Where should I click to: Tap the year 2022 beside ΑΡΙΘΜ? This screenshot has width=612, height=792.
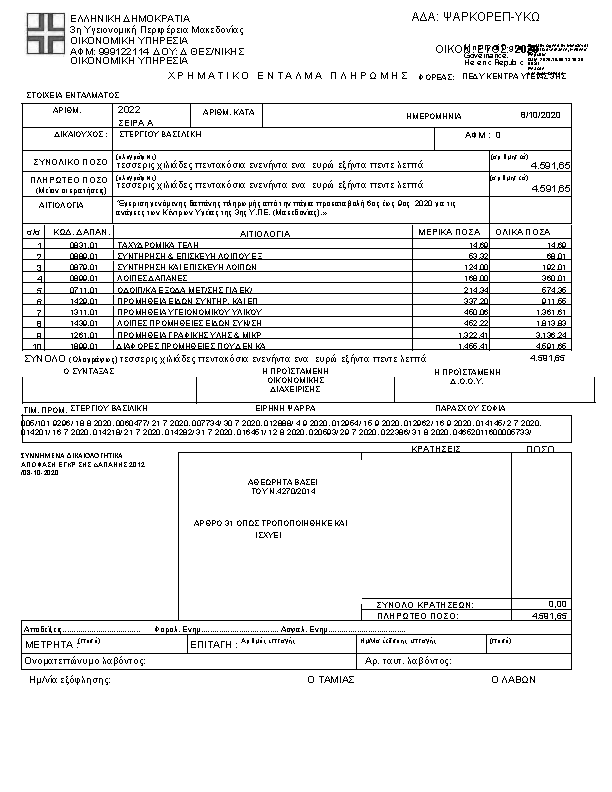(x=130, y=109)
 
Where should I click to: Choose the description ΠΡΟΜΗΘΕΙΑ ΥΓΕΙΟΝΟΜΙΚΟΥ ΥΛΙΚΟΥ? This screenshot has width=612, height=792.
(x=179, y=312)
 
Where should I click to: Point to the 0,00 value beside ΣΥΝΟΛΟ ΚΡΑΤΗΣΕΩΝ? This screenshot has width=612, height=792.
(x=557, y=603)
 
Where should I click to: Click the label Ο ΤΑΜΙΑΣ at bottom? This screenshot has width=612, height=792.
(x=325, y=678)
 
